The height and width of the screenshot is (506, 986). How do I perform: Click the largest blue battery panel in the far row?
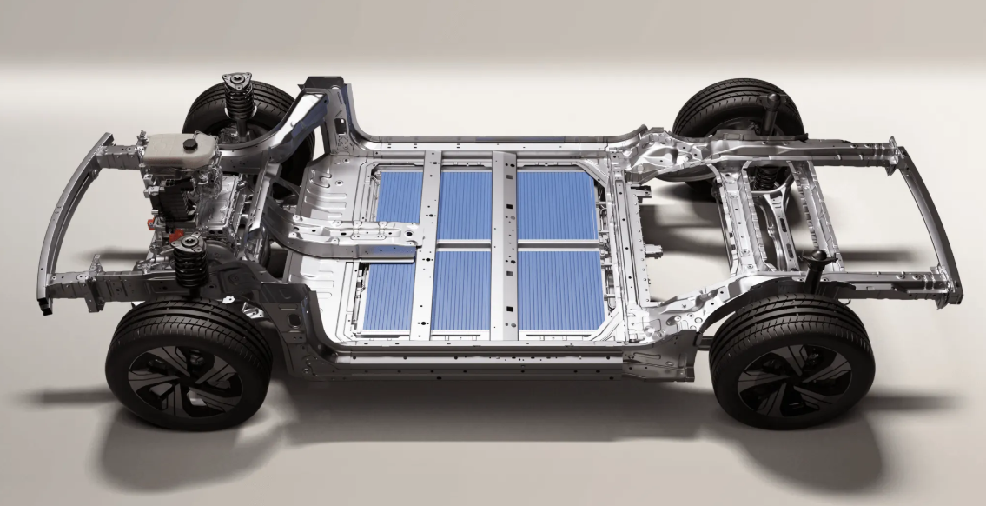tap(556, 205)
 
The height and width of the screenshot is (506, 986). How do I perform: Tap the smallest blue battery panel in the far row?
tap(400, 196)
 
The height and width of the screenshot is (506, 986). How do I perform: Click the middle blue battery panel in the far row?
tap(465, 205)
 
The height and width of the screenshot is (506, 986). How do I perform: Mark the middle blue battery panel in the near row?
tap(461, 291)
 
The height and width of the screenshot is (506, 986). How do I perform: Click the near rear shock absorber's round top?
tap(817, 258)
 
